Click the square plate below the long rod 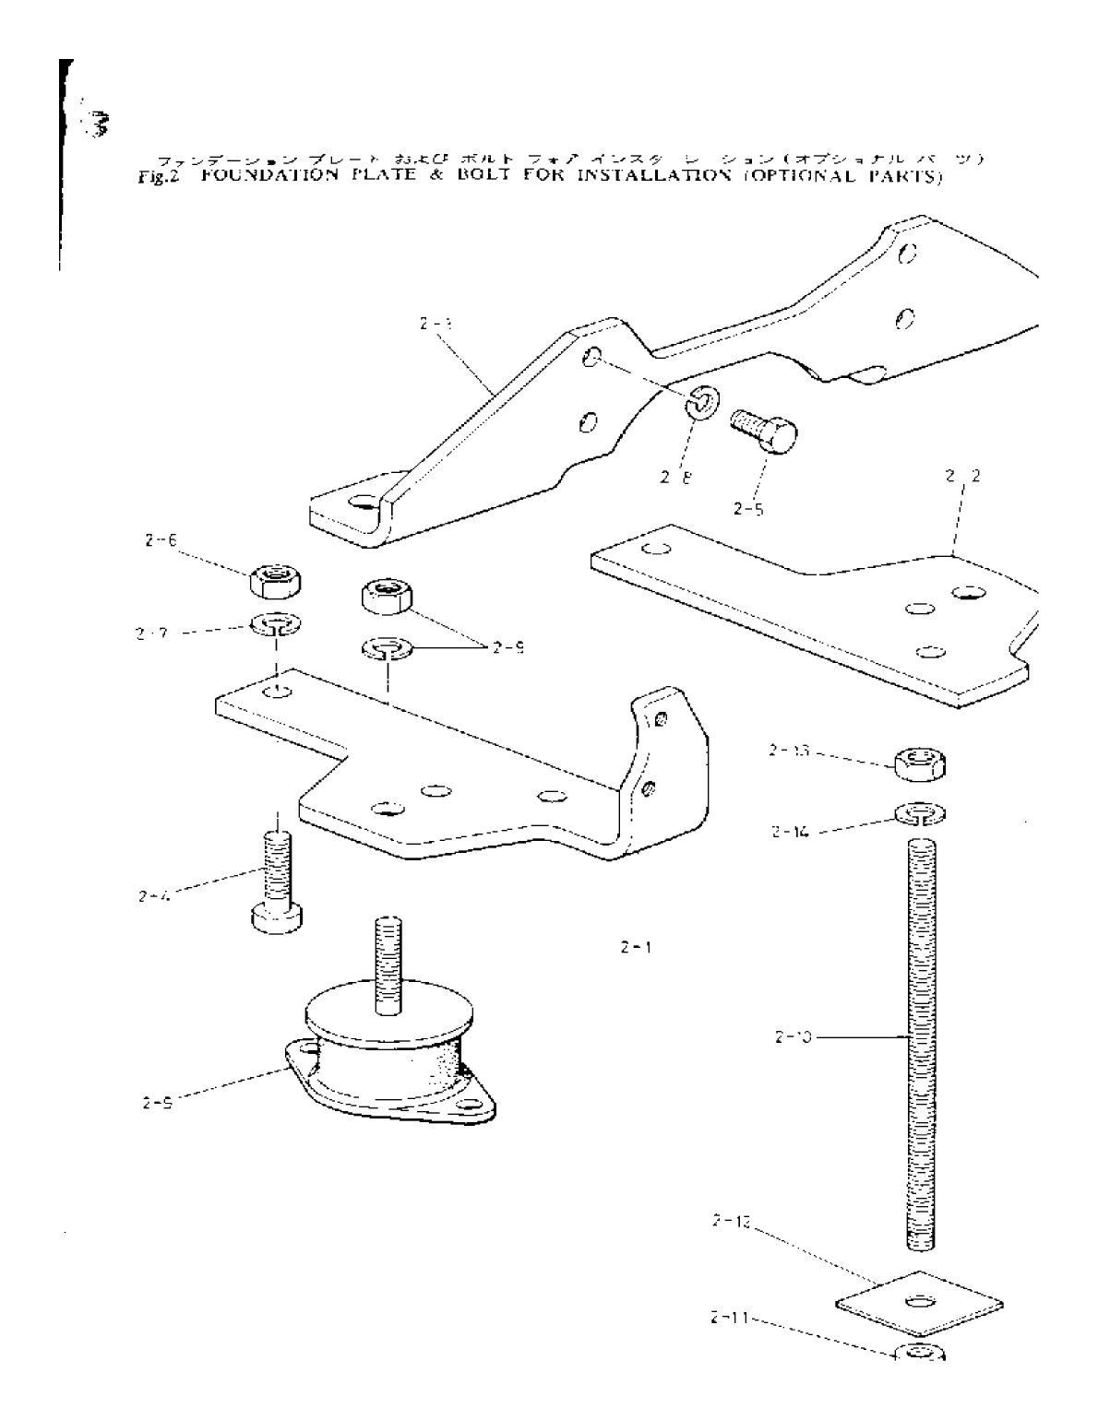pyautogui.click(x=919, y=1303)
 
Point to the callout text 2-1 pyautogui.click(x=638, y=947)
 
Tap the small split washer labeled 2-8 pyautogui.click(x=700, y=402)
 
